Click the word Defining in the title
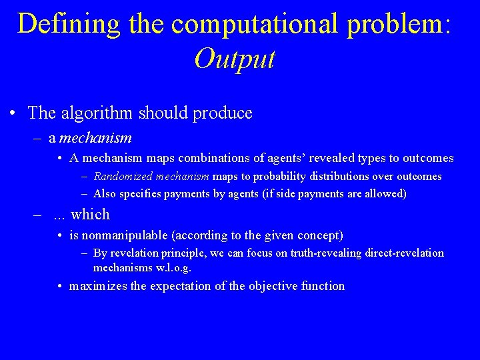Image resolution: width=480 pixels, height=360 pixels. pos(69,23)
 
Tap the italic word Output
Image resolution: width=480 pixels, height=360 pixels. pos(235,59)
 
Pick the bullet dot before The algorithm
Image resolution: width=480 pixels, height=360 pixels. pos(13,113)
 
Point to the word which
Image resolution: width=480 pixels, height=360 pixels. pos(90,215)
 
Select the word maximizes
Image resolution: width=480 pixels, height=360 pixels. pos(97,286)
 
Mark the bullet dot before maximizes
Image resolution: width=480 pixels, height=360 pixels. pos(60,286)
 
